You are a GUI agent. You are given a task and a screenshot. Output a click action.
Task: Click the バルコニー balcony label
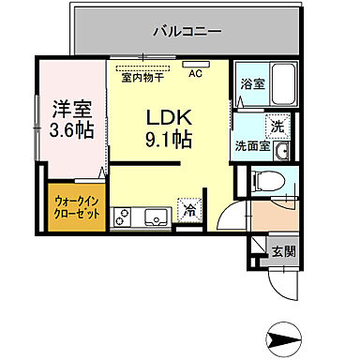[187, 30]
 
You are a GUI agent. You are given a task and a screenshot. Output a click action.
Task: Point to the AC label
[196, 73]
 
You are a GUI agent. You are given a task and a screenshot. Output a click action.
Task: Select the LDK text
[169, 118]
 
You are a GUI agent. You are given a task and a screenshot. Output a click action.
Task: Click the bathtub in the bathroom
[280, 86]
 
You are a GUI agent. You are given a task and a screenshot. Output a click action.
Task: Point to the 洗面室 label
[251, 146]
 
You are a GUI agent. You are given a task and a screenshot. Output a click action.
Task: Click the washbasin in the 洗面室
[281, 148]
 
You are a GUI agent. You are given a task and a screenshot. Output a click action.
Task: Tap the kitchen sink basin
[153, 218]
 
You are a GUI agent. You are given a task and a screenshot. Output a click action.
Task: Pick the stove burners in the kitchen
[123, 218]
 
